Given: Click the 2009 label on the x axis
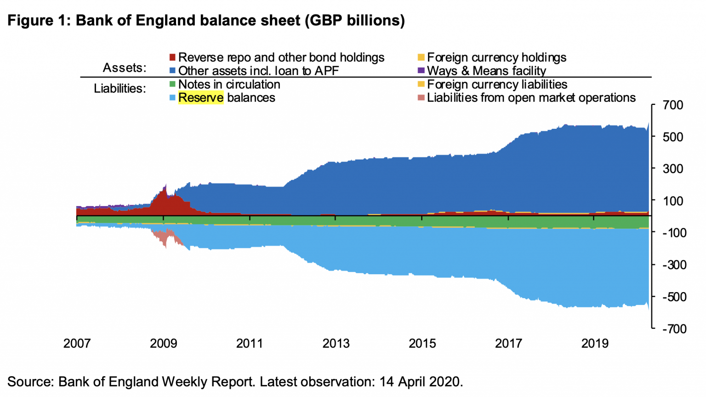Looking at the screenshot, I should (163, 344).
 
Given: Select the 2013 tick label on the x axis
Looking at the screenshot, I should (336, 344).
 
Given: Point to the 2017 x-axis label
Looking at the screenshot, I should (508, 344).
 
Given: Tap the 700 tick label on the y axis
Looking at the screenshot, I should (673, 105).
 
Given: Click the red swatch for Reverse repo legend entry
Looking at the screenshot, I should (172, 58).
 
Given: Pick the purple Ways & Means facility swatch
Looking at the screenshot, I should (421, 71).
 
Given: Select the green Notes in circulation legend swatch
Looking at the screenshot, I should (172, 84).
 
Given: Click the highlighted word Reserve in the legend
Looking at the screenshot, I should (201, 98).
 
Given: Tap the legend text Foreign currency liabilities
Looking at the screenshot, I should (497, 84).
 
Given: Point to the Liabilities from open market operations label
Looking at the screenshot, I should (531, 98).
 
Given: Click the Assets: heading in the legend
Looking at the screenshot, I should (124, 68).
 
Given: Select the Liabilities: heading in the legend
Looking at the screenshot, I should (120, 88).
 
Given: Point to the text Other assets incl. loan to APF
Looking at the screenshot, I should (258, 71).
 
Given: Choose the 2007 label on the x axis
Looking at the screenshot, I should (77, 344).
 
